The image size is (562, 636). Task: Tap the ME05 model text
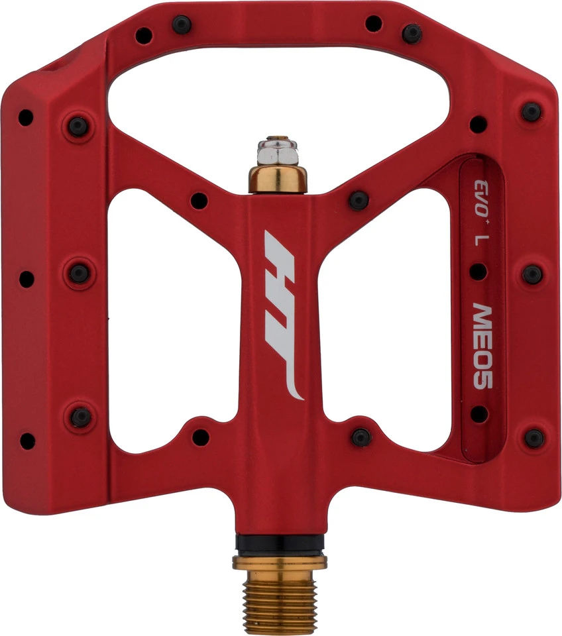click(x=483, y=346)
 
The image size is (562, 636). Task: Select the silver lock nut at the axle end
click(x=278, y=151)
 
